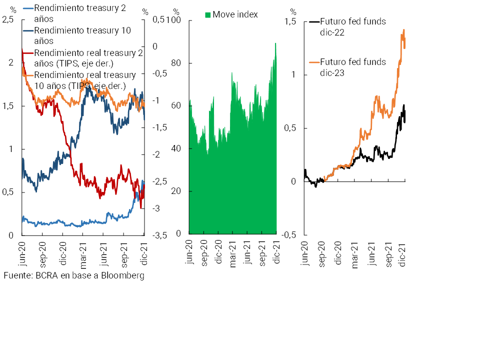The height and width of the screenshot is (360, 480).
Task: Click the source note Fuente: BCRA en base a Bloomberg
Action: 74,275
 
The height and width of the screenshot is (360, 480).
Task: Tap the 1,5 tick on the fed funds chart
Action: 290,22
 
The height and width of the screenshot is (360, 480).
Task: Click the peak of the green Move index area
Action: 275,43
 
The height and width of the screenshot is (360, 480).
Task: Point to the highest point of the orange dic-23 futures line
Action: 403,30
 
